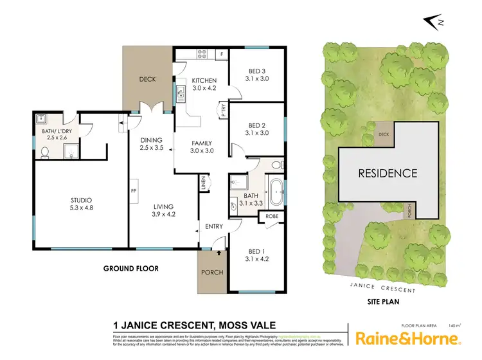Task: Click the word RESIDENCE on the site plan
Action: pos(388,173)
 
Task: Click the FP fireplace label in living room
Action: pos(134,191)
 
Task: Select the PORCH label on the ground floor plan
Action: pos(212,272)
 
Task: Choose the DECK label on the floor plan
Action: pos(149,80)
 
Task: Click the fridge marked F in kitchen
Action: pos(222,54)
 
